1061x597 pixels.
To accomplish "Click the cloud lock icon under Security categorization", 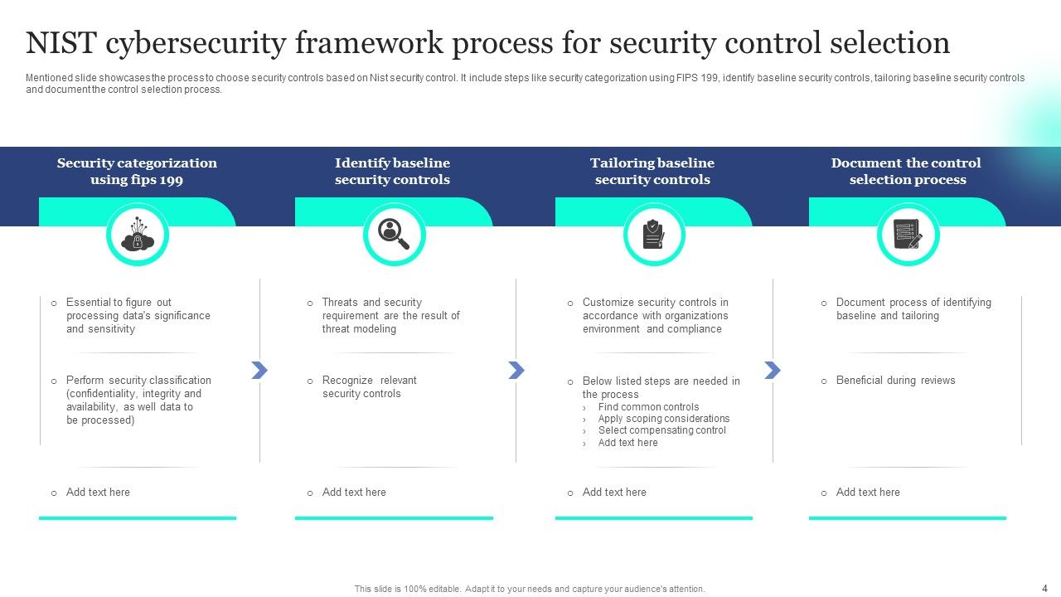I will click(138, 235).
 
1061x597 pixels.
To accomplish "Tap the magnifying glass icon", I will click(394, 235).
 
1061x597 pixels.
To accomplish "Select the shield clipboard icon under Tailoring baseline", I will click(654, 235).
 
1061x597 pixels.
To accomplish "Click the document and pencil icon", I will click(908, 235).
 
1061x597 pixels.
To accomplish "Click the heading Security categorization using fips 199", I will click(137, 172).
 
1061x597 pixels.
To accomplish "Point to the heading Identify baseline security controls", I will click(392, 172).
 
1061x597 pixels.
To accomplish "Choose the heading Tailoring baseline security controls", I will click(652, 172).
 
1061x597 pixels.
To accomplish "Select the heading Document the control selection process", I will click(907, 172).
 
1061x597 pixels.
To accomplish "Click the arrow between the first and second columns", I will click(259, 370).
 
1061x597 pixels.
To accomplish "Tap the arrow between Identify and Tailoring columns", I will click(516, 370).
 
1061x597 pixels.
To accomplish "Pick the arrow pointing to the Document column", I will click(773, 370).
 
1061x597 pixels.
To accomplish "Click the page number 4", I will click(1044, 587).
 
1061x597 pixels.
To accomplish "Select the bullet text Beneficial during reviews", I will click(895, 381).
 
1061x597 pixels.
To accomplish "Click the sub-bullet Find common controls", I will click(648, 407).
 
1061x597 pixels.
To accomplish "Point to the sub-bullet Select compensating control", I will click(661, 430).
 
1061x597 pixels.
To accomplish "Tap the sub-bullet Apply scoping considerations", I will click(663, 419).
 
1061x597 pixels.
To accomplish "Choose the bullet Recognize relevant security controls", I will click(369, 387).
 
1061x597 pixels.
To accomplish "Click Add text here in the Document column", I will click(867, 493).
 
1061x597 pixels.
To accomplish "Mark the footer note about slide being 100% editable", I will click(530, 589).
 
